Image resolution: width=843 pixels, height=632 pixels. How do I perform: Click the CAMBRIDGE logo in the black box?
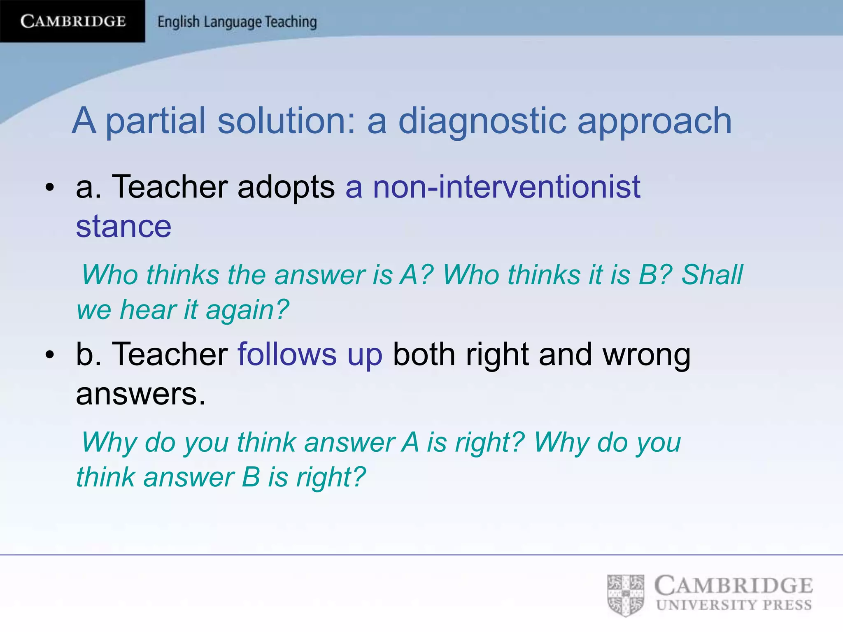[73, 21]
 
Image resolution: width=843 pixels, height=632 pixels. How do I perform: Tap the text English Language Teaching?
[237, 22]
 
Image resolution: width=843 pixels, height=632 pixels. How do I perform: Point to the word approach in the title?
[654, 122]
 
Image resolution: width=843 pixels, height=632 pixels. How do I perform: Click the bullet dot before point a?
[50, 188]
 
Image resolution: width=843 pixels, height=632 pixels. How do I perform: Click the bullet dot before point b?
[50, 355]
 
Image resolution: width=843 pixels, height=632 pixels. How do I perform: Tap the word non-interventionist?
[506, 187]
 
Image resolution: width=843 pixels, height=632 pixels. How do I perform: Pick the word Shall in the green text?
[712, 275]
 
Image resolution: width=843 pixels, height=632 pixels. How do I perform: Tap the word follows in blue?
[287, 354]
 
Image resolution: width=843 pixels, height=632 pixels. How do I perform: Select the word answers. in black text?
[140, 394]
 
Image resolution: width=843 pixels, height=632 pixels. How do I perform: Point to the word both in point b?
[424, 354]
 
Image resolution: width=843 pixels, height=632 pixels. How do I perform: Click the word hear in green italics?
[148, 309]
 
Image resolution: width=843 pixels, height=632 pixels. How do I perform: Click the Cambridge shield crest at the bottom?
[626, 595]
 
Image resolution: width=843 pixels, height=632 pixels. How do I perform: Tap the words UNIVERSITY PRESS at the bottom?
[734, 605]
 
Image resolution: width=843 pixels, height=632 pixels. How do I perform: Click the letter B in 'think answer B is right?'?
[251, 477]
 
